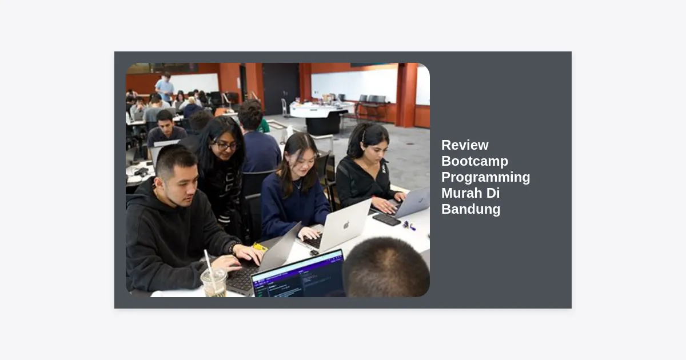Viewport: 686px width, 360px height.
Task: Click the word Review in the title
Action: click(465, 145)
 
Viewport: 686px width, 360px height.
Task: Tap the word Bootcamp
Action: click(474, 161)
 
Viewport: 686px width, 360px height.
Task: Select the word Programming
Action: click(486, 177)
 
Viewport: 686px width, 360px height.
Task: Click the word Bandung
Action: click(471, 209)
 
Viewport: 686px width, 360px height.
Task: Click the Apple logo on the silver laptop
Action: click(346, 225)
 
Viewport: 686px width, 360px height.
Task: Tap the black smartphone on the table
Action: click(386, 219)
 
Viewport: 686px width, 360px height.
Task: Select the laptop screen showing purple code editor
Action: click(298, 275)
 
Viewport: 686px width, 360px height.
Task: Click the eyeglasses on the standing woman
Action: click(225, 146)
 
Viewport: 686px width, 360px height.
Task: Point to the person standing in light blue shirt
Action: click(165, 87)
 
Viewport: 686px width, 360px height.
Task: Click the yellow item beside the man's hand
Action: click(260, 247)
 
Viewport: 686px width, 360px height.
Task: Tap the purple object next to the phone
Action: click(409, 226)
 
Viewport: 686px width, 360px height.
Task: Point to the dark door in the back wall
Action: click(281, 89)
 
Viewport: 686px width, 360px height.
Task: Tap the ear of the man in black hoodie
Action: click(158, 183)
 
